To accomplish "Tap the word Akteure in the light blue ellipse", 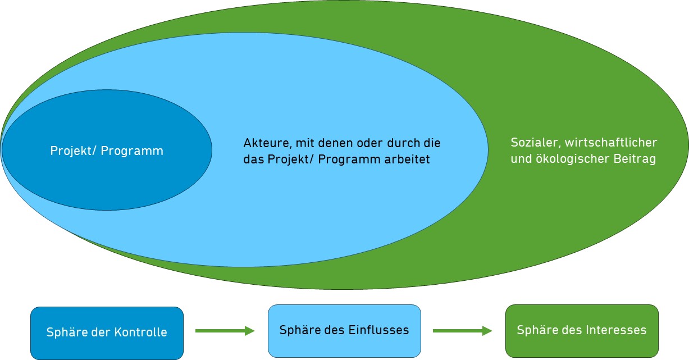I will pos(263,143).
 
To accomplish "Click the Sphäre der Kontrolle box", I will pos(107,332).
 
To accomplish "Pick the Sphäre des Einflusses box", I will pos(344,330).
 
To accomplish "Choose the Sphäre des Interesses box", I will pos(582,330).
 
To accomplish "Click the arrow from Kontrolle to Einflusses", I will pos(225,331).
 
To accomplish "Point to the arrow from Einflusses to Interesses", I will pos(462,331).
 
